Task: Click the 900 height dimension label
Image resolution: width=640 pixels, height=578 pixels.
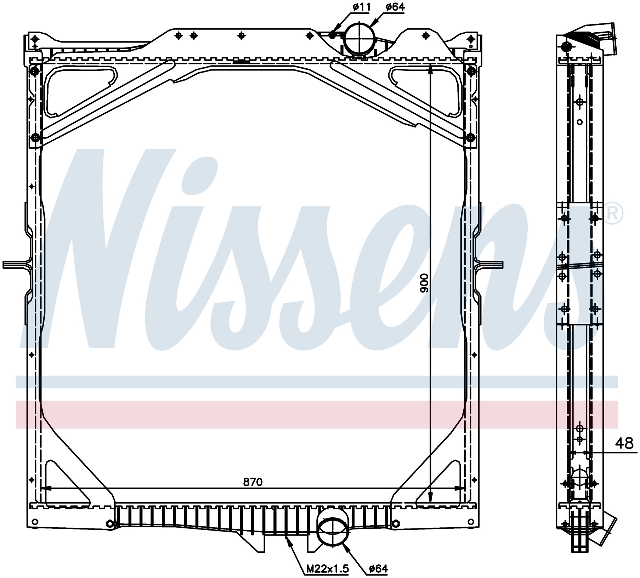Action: tap(424, 283)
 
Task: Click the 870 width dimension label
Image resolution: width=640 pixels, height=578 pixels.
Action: tap(253, 482)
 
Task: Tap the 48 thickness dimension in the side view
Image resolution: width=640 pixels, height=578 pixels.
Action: tap(624, 443)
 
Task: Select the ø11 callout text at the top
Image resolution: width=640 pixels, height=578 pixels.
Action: tap(361, 7)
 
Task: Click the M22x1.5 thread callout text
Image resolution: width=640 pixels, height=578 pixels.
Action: tap(328, 569)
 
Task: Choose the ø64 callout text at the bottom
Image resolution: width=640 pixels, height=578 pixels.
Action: tap(378, 569)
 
